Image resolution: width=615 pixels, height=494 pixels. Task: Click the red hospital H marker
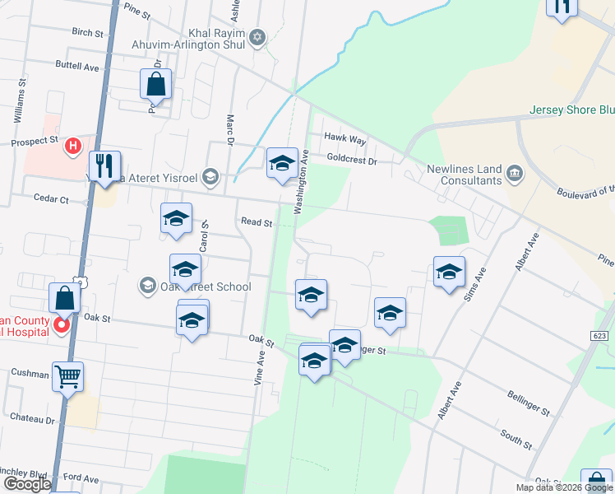pos(73,147)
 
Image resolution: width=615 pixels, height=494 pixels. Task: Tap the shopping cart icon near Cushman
pos(68,376)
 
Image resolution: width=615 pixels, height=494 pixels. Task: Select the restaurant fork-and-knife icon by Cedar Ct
pos(104,165)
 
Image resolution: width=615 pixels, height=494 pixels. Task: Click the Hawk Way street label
pos(344,141)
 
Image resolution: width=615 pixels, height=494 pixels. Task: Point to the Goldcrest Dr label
pos(351,161)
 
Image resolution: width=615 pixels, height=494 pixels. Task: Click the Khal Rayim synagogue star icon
pos(257,36)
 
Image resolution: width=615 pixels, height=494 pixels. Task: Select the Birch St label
pos(88,34)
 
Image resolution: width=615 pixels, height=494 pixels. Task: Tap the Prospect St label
pos(35,142)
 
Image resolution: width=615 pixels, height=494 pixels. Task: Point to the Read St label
pos(256,221)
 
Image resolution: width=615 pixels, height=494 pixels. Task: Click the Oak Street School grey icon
pos(148,286)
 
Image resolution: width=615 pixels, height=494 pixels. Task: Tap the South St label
pos(516,437)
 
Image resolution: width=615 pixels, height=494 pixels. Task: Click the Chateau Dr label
pos(33,418)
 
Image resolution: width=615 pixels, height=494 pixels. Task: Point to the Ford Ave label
pos(81,478)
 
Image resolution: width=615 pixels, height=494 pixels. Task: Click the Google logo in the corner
pos(27,484)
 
